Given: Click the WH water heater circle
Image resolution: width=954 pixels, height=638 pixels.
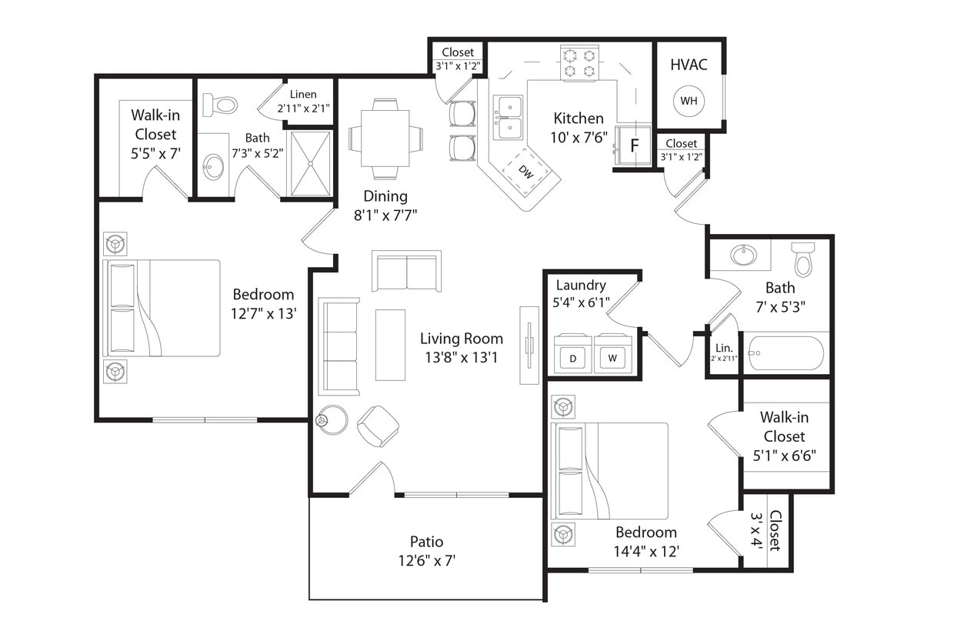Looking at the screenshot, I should (688, 101).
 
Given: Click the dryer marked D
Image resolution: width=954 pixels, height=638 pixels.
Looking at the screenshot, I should (572, 356).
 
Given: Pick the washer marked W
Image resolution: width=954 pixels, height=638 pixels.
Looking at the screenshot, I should (612, 356).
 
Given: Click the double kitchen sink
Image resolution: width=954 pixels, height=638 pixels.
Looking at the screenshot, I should (508, 117).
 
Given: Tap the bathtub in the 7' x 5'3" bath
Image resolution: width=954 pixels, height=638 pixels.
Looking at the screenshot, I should (785, 353).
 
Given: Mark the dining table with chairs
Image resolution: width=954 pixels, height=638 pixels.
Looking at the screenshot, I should (385, 139).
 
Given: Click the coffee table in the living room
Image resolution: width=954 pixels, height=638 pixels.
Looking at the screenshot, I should (390, 344).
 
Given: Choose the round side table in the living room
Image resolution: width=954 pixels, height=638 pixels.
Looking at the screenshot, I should (332, 419).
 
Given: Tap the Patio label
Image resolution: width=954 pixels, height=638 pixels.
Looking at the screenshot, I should (426, 542).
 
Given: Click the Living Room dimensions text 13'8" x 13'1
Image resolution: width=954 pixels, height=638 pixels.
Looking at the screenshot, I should (462, 356).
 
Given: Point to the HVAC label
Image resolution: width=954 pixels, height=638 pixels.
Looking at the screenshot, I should (689, 65).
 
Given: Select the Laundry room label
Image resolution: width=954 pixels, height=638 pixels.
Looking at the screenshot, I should (581, 286).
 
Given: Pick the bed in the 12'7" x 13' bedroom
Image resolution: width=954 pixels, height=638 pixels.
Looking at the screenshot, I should (162, 308).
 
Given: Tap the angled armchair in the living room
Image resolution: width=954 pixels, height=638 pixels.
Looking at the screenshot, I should (378, 426).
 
